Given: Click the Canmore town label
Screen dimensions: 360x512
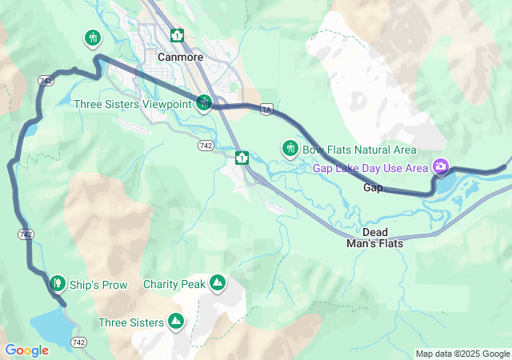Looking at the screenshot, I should [x=180, y=58].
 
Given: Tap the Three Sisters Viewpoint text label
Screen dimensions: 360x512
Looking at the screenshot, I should [x=132, y=104].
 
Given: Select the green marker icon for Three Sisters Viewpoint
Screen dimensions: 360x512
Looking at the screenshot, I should [x=204, y=102].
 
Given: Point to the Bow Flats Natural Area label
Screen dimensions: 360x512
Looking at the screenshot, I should [x=359, y=150].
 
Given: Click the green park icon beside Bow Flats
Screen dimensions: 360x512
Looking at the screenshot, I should [x=290, y=148].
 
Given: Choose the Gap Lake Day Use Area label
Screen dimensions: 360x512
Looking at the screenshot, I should [x=370, y=168].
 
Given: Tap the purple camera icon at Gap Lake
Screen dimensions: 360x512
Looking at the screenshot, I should [x=439, y=166].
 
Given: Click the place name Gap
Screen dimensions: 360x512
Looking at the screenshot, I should [x=373, y=187].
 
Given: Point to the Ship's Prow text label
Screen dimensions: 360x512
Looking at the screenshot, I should [x=98, y=285].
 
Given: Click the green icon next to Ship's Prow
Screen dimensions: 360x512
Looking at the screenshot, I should [x=57, y=283].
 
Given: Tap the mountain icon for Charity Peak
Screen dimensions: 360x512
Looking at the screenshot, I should [x=217, y=283].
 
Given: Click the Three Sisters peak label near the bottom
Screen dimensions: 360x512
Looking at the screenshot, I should [x=130, y=322].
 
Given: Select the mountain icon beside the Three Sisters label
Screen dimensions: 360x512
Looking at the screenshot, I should [x=176, y=322].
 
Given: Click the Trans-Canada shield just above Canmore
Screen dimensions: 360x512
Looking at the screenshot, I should [x=177, y=35].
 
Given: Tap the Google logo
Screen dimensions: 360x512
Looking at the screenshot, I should [x=26, y=350].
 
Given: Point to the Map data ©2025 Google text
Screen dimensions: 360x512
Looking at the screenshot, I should [x=462, y=354].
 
